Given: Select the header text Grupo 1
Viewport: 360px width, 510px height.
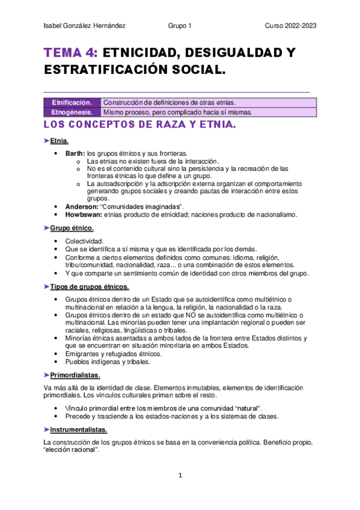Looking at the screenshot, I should point(180,26).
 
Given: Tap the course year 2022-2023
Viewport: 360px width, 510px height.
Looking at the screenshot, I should point(291,26).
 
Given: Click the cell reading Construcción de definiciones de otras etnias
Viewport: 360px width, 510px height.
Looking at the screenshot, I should point(170,102).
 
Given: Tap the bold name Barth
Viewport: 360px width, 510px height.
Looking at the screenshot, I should point(75,153).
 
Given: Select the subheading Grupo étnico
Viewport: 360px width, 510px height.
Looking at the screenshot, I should point(72,229).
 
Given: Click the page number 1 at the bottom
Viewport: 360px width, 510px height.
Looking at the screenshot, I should point(180,475).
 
